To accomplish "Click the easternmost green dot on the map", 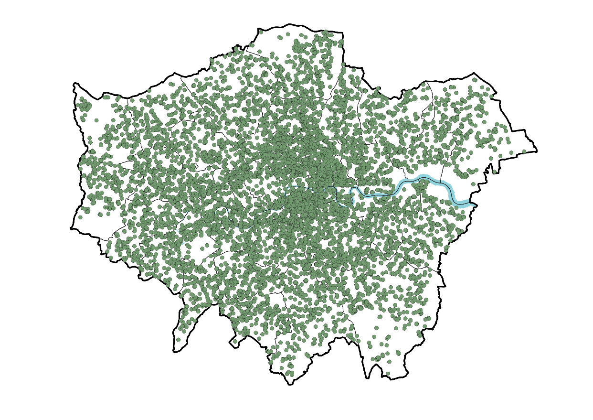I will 524,151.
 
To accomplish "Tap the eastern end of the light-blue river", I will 474,204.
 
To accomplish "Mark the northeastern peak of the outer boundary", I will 474,73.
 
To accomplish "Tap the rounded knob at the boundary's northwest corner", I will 74,85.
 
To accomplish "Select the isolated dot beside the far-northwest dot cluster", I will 96,120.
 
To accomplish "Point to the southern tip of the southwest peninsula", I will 175,352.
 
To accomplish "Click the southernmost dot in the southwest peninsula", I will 179,340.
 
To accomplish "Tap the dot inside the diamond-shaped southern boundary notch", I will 234,342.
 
